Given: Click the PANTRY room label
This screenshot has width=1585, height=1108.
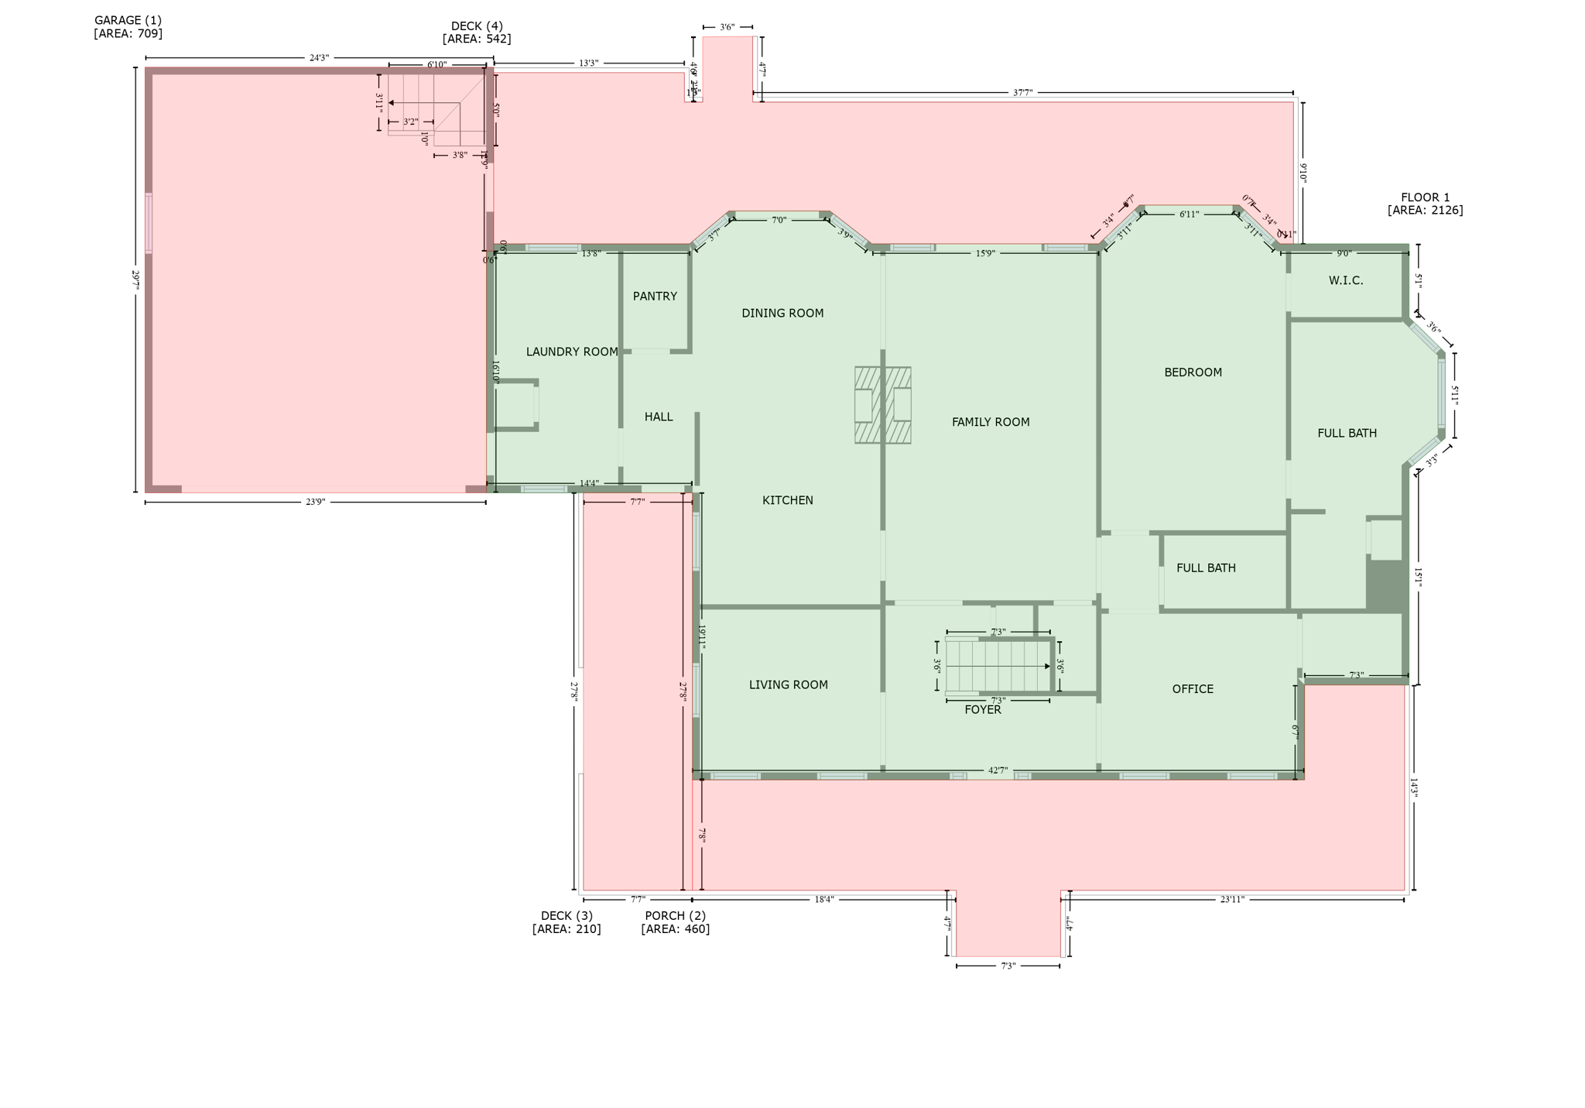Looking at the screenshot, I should [655, 297].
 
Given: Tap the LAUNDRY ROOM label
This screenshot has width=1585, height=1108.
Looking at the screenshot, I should [572, 352].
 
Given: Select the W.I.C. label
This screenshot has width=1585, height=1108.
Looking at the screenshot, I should [1346, 281].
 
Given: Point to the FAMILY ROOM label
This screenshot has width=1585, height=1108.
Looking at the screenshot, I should [991, 422].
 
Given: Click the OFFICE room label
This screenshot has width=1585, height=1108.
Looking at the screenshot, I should [1193, 689].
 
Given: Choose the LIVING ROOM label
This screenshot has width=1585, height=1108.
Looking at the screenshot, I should [788, 684].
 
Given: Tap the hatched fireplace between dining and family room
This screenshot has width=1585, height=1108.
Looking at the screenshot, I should [882, 405].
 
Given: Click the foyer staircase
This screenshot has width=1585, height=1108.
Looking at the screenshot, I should [998, 666].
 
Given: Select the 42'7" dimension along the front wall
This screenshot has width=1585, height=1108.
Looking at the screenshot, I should [998, 770].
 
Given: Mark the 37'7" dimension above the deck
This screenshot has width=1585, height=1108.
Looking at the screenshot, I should [1022, 93].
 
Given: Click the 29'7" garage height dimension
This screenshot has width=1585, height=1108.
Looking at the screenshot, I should [135, 279].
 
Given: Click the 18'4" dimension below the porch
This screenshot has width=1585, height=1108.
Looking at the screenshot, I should [823, 900].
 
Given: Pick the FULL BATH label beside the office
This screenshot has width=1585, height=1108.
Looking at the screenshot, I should [1206, 568].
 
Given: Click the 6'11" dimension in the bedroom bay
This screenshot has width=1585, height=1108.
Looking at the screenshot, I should [1189, 214].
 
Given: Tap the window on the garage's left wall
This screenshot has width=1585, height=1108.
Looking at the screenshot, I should [149, 223].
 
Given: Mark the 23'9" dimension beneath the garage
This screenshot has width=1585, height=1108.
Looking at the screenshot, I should [315, 502].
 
